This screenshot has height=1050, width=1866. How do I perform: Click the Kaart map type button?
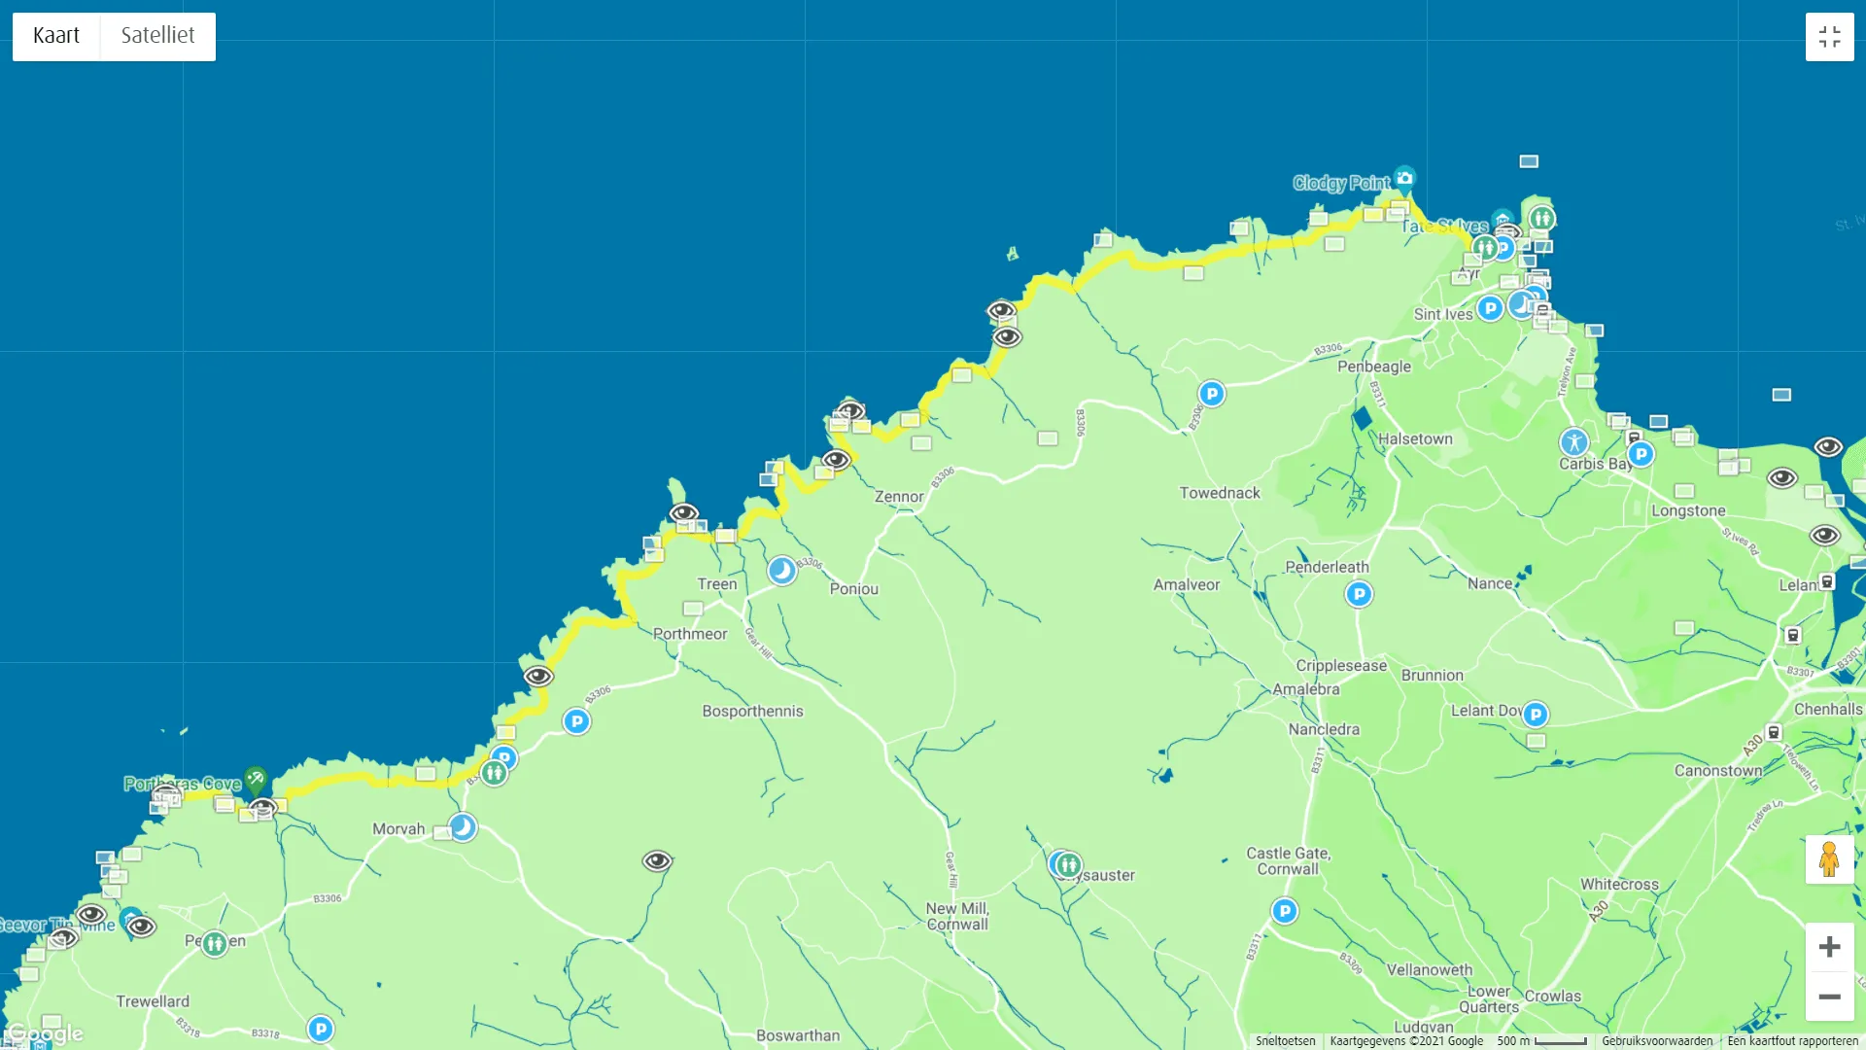pos(56,36)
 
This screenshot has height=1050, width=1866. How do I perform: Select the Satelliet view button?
pos(157,36)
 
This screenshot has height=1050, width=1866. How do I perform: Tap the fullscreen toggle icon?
pos(1829,37)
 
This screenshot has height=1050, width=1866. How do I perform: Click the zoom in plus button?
pos(1829,947)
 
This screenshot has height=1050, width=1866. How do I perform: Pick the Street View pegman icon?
pos(1829,859)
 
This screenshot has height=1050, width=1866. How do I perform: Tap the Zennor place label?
pos(899,497)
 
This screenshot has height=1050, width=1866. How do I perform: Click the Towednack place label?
pos(1220,493)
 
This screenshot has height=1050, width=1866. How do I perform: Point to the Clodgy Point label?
pos(1341,183)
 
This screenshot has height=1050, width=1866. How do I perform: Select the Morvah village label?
pos(398,829)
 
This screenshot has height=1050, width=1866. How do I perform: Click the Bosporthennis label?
pos(752,712)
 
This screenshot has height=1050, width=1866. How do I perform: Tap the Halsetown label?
pos(1415,439)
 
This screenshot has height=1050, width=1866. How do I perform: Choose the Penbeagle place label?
pos(1374,367)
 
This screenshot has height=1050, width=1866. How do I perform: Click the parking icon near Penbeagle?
pos(1211,394)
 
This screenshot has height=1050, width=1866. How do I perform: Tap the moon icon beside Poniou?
pos(781,571)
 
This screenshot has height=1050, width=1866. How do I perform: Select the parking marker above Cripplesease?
pos(1359,594)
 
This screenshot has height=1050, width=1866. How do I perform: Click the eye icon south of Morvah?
pos(657,860)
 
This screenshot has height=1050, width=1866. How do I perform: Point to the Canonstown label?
pos(1718,771)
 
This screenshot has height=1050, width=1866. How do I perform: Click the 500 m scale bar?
pos(1542,1041)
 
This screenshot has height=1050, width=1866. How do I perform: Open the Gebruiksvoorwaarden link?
pos(1657,1041)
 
